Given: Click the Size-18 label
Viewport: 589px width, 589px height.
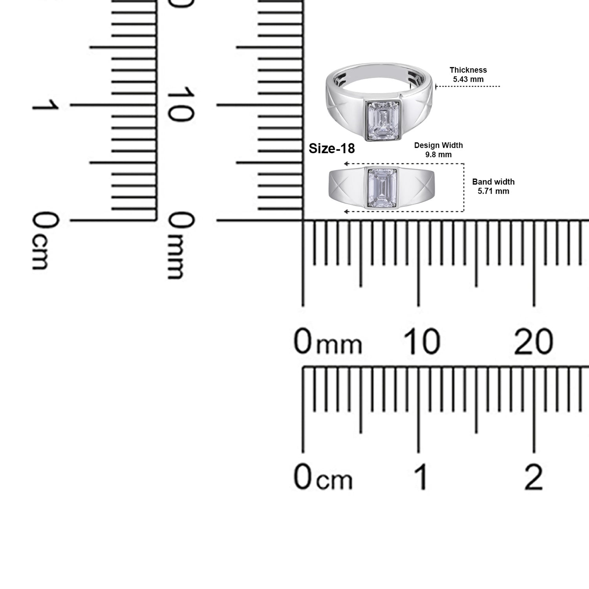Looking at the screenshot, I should point(332,149).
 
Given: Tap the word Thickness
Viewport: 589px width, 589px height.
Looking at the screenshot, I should point(468,70).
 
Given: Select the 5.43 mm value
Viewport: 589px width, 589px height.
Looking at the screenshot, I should point(468,79).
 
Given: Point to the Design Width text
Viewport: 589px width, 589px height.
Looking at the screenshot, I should point(438,145).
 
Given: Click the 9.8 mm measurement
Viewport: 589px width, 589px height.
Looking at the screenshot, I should point(438,155).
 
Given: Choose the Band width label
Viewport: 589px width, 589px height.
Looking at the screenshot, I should point(493,182).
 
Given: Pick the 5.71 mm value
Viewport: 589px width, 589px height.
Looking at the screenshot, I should point(493,191).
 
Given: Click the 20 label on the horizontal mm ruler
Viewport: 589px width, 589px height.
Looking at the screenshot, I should point(533,342).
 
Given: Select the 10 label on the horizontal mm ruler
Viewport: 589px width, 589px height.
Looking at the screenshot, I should point(421,342).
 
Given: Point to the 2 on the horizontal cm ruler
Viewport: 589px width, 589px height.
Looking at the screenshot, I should point(534,477).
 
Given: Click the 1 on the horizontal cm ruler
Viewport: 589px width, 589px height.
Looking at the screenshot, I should point(421,477).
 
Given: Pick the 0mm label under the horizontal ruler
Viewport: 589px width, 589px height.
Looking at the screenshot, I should point(327,342).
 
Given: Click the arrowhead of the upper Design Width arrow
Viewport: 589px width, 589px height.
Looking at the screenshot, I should point(346,164).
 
